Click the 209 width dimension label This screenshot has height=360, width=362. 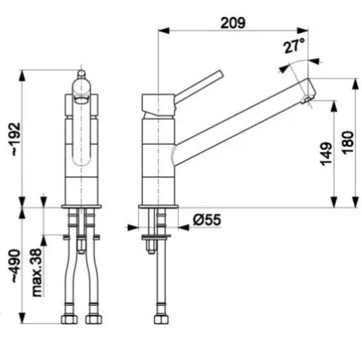pyautogui.click(x=233, y=23)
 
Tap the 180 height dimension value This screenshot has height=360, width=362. pyautogui.click(x=348, y=143)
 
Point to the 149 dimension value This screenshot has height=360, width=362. pyautogui.click(x=326, y=154)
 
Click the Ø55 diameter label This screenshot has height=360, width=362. pyautogui.click(x=207, y=220)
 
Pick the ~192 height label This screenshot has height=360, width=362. pyautogui.click(x=16, y=139)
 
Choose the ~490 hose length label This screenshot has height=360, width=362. pyautogui.click(x=16, y=266)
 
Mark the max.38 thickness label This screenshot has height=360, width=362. pyautogui.click(x=37, y=273)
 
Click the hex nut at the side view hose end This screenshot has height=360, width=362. pyautogui.click(x=161, y=320)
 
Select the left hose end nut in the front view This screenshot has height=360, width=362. pyautogui.click(x=70, y=320)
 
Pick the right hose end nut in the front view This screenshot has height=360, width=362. pyautogui.click(x=94, y=320)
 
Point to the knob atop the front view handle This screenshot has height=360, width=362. pyautogui.click(x=81, y=74)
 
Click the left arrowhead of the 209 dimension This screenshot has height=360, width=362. pyautogui.click(x=164, y=30)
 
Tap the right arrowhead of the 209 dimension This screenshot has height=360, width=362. pyautogui.click(x=302, y=30)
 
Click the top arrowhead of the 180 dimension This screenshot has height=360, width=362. pyautogui.click(x=355, y=84)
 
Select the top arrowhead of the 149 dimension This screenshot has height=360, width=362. pyautogui.click(x=334, y=106)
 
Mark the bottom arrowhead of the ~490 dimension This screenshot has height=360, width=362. pyautogui.click(x=22, y=318)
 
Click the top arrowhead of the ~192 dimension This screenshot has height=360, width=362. pyautogui.click(x=22, y=75)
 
